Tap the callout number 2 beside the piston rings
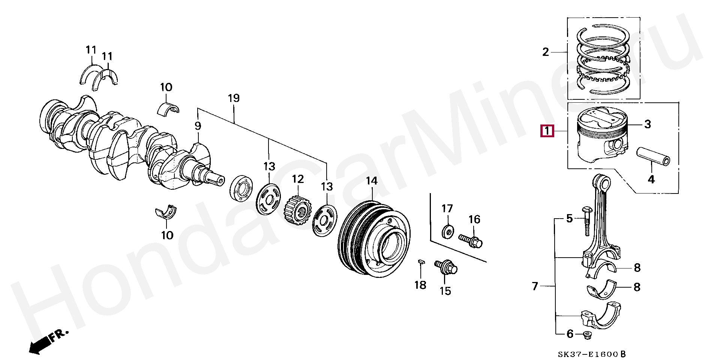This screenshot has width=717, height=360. (x=546, y=52)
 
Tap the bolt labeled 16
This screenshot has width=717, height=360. (x=470, y=240)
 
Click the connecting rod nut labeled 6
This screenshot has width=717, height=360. (x=587, y=334)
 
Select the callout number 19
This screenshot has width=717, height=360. (x=233, y=99)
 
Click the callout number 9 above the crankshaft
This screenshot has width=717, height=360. (x=198, y=126)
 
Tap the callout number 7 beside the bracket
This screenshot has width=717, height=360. (x=535, y=286)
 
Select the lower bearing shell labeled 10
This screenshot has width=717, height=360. (x=166, y=212)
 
